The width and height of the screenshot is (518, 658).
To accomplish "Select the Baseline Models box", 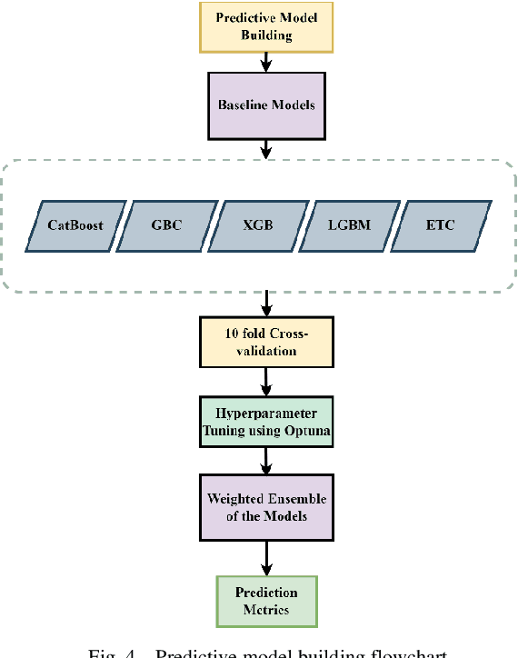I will coord(266,105).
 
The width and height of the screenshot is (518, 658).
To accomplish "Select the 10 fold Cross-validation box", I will coord(266,342).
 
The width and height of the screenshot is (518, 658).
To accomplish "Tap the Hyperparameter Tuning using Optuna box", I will coord(266,421).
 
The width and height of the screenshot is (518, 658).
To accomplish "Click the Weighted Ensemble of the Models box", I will coord(266,507).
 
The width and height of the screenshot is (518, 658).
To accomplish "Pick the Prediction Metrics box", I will coord(266,601).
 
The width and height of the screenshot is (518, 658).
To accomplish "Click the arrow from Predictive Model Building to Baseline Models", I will coord(266,61).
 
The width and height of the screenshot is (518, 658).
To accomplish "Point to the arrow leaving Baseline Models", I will coord(266,147).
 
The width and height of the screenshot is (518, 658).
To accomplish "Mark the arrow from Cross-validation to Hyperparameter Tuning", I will coord(266,382).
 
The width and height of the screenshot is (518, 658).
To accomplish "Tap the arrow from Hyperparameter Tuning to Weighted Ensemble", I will coord(266,462).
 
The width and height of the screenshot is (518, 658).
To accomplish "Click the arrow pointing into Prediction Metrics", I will coord(266,556).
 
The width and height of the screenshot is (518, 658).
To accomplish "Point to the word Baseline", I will coord(240,105).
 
